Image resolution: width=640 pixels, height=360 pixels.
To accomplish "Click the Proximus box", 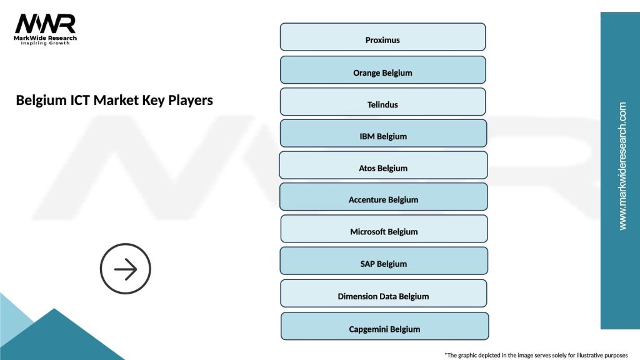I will (x=382, y=37).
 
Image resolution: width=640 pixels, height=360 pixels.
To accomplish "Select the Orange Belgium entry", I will (x=382, y=70).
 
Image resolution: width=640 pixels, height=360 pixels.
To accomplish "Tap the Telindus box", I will (x=382, y=102).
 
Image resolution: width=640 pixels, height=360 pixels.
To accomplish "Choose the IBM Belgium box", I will (x=383, y=134).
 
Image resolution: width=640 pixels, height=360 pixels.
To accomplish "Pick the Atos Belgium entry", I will (x=383, y=166).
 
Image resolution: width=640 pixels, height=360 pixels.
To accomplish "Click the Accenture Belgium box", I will (x=383, y=197).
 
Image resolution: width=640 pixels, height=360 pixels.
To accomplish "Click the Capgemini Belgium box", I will (x=384, y=326).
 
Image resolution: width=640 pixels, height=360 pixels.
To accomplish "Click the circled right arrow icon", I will (x=126, y=269).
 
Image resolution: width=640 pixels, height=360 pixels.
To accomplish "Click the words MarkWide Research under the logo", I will (x=46, y=38).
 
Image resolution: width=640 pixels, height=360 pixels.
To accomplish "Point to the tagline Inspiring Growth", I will (x=46, y=44).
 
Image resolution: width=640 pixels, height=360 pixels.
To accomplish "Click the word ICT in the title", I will (x=80, y=100).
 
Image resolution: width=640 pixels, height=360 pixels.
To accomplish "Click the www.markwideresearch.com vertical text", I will (x=622, y=166).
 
